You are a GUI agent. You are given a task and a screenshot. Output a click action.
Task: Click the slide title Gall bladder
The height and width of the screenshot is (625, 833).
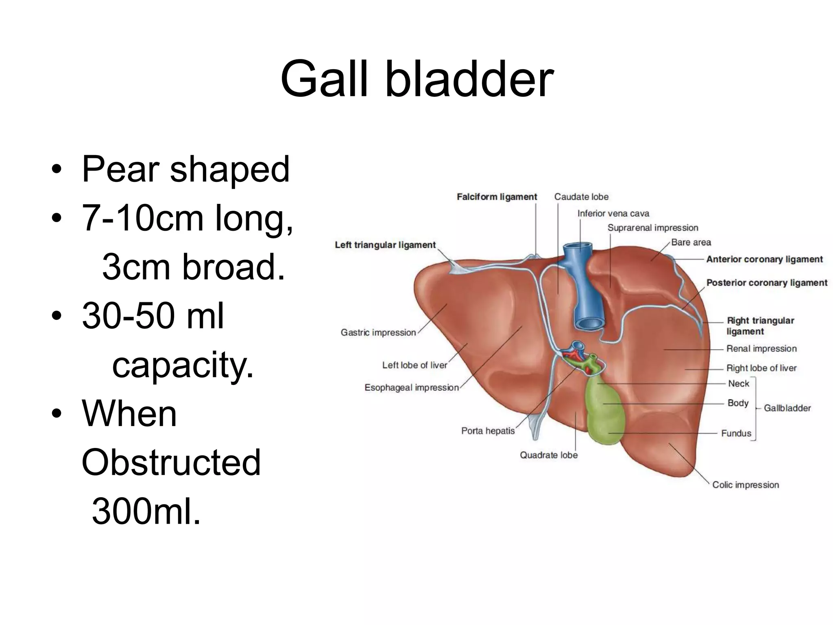click(416, 79)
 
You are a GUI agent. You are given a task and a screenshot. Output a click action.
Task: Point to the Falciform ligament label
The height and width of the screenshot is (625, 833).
click(497, 197)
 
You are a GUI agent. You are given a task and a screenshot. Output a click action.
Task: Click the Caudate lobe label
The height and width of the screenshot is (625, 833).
click(581, 197)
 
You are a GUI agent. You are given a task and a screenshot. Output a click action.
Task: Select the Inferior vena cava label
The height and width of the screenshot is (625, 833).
click(613, 214)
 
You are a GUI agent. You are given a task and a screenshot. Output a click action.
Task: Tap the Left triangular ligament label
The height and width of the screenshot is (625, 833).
click(385, 245)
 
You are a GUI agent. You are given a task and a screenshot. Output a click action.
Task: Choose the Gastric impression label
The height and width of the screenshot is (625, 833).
click(378, 333)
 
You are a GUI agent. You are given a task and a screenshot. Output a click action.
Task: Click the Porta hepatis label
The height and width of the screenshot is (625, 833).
click(488, 431)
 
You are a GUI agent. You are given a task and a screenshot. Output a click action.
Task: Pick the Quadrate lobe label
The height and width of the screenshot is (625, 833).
click(549, 455)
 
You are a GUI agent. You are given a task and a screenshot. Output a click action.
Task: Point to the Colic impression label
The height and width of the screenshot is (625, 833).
click(745, 485)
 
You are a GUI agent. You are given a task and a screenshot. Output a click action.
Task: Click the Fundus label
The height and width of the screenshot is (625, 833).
click(736, 433)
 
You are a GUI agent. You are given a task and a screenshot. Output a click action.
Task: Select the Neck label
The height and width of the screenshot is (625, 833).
click(738, 384)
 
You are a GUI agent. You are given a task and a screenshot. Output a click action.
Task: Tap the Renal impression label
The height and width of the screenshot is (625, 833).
click(761, 349)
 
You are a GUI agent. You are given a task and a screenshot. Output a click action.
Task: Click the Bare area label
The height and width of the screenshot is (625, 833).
click(691, 243)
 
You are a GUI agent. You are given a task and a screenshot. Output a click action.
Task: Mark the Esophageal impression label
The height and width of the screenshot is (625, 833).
click(411, 388)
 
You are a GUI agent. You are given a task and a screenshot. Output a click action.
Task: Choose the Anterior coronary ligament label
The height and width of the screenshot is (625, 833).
click(764, 260)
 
